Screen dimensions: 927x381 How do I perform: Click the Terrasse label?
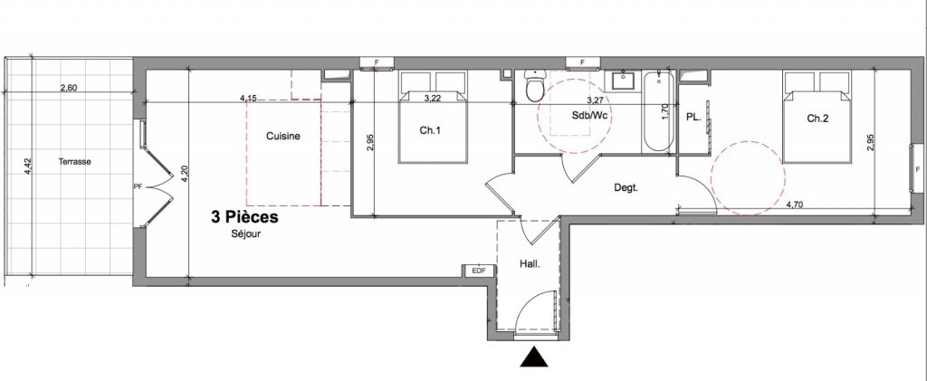click(74, 161)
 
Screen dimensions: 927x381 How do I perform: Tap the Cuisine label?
click(282, 137)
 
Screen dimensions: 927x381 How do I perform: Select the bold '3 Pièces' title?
click(244, 217)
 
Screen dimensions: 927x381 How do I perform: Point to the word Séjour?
click(245, 233)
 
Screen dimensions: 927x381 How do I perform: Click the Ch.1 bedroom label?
click(430, 131)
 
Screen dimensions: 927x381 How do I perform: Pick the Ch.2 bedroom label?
click(817, 119)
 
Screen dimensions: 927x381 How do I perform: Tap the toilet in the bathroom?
click(536, 86)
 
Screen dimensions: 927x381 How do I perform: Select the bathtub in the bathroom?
click(658, 111)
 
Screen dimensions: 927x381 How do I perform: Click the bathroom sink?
click(623, 80)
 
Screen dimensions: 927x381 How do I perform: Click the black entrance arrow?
click(535, 357)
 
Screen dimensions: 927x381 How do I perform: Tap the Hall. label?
click(530, 264)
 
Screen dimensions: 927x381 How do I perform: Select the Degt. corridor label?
click(626, 188)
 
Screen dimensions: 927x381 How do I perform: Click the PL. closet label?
click(693, 118)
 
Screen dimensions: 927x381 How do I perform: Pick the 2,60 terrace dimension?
click(69, 88)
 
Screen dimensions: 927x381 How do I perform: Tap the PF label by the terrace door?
click(138, 186)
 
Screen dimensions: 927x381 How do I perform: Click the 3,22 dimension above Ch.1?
click(434, 98)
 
